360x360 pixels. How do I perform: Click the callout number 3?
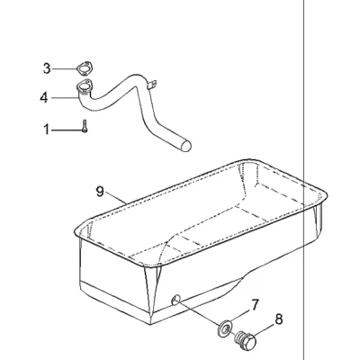47,68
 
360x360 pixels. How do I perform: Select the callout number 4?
44,98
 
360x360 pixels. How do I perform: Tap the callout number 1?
46,130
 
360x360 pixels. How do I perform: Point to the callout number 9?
100,192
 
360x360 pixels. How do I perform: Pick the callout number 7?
254,305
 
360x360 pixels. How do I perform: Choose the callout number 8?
279,319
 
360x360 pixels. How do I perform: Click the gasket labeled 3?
84,68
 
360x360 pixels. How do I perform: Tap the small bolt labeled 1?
85,126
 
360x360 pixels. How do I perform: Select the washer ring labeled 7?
225,328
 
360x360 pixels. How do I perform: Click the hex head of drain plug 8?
248,343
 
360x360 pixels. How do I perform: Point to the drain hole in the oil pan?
175,300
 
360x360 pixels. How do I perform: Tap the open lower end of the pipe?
185,146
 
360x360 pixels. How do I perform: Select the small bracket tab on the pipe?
152,84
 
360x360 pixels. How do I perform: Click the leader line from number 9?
116,200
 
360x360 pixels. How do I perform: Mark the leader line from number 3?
64,69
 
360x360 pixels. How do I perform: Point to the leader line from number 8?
265,329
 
